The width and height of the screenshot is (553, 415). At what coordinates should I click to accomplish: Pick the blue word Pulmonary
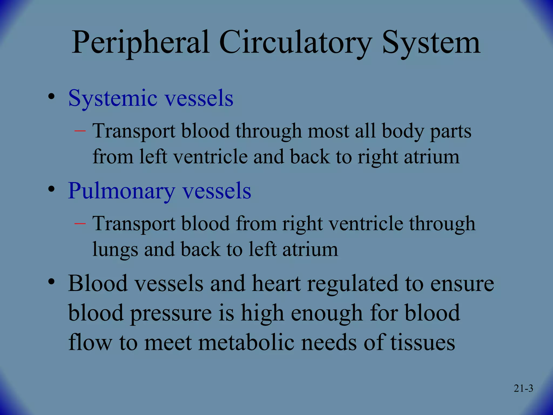[122, 191]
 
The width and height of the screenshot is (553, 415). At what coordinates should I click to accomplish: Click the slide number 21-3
[523, 389]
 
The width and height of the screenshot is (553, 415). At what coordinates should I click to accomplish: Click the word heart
[276, 284]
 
